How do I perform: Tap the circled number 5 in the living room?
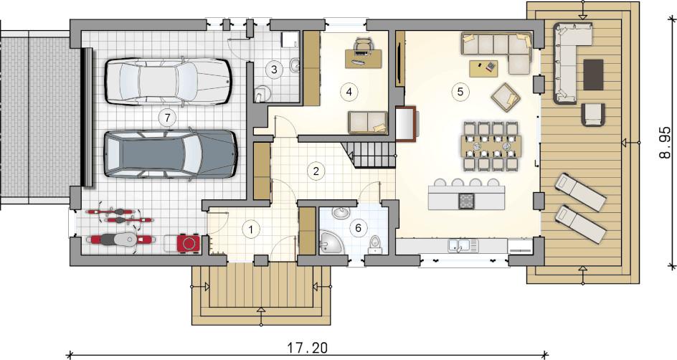point(460,92)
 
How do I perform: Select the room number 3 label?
point(274,69)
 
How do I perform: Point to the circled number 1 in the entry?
point(251,229)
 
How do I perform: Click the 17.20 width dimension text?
point(308,348)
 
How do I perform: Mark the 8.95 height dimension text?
point(666,143)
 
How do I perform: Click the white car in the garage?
point(169,81)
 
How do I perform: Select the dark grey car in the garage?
point(171,153)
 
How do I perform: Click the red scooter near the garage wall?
point(120,240)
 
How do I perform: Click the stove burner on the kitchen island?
point(465,201)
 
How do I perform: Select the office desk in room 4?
point(364,58)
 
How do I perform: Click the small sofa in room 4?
point(369,122)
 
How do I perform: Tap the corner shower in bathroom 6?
point(331,242)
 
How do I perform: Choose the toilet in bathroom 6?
point(374,245)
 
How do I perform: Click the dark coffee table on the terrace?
point(593,75)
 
